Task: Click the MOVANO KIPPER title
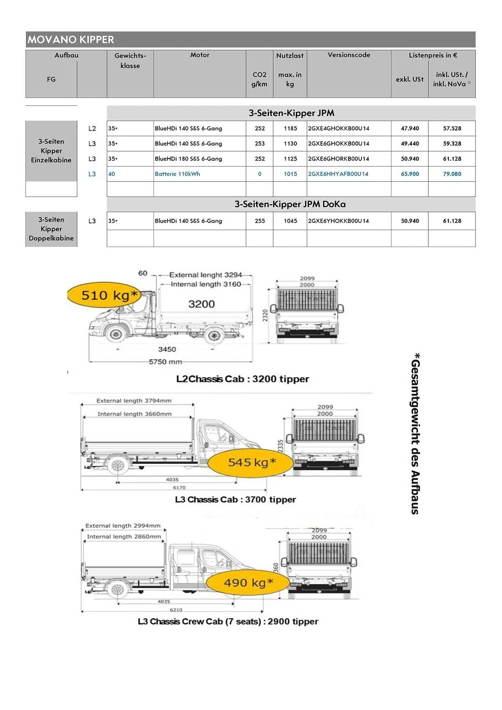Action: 71,39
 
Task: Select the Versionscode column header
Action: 349,55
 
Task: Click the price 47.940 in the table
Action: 410,129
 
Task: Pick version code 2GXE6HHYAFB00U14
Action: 338,174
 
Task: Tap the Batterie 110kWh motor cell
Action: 177,174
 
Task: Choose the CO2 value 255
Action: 260,221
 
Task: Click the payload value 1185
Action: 290,129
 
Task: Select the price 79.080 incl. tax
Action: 452,174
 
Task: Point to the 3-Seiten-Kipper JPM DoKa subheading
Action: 290,204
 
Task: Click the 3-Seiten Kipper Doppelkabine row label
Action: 51,229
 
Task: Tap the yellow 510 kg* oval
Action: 104,295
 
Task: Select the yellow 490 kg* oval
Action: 247,583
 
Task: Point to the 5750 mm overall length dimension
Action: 165,362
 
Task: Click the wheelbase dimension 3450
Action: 167,349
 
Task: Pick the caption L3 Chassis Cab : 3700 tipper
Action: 235,499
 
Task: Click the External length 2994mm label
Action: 123,526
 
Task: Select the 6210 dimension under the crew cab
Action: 176,610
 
